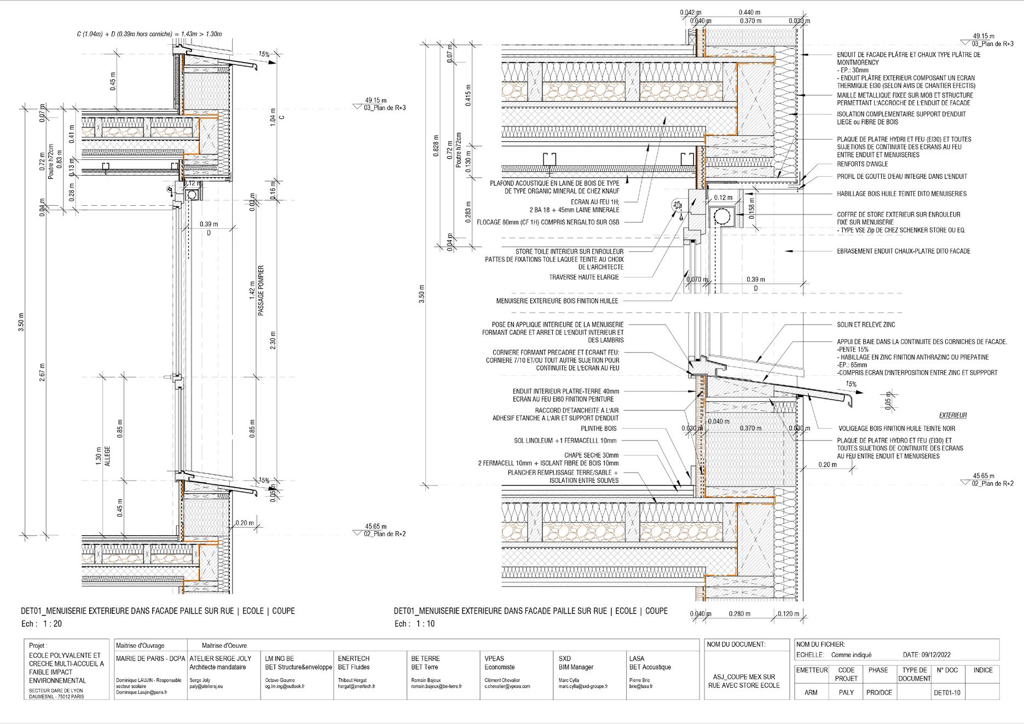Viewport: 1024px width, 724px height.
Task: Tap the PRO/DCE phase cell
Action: (x=879, y=693)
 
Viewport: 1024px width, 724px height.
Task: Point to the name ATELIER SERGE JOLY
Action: (x=220, y=659)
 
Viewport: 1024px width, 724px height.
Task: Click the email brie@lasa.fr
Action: (x=640, y=686)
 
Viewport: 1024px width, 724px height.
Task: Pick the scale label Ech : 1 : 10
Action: (x=414, y=623)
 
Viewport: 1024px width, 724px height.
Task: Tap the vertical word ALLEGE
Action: (x=107, y=456)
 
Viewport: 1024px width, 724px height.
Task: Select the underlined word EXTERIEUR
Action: (x=953, y=415)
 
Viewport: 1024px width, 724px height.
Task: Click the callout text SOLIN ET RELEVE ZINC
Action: (x=866, y=325)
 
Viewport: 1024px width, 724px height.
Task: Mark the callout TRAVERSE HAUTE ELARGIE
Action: (x=584, y=277)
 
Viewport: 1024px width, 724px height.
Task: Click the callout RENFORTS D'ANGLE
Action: (x=863, y=164)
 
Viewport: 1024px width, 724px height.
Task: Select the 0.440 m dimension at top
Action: (x=749, y=12)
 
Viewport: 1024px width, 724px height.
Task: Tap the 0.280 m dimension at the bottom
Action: (x=739, y=614)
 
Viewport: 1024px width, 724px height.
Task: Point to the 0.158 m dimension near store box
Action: (x=752, y=208)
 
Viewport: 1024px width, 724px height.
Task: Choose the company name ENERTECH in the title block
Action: (x=354, y=659)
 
